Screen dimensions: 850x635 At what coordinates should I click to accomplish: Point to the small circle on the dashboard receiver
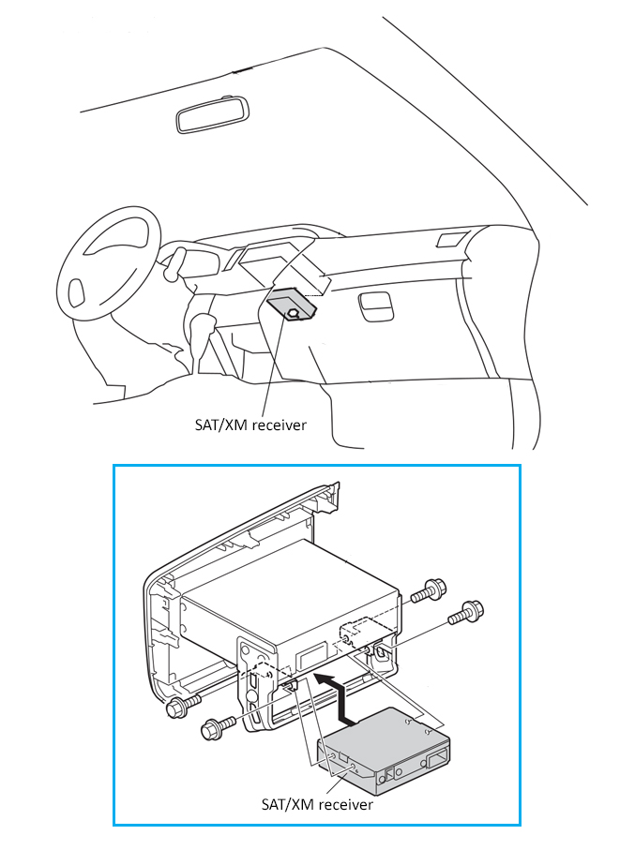point(295,314)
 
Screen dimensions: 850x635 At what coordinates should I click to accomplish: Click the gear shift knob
point(201,325)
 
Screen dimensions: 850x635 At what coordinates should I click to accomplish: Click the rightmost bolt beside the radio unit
point(466,613)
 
